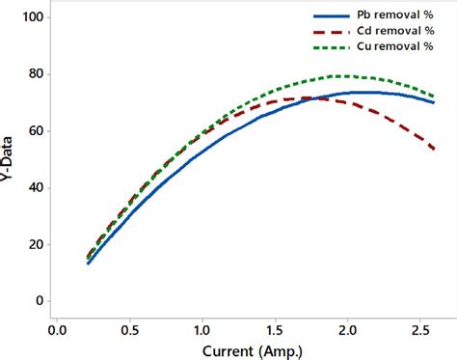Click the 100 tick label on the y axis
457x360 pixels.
pos(33,17)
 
